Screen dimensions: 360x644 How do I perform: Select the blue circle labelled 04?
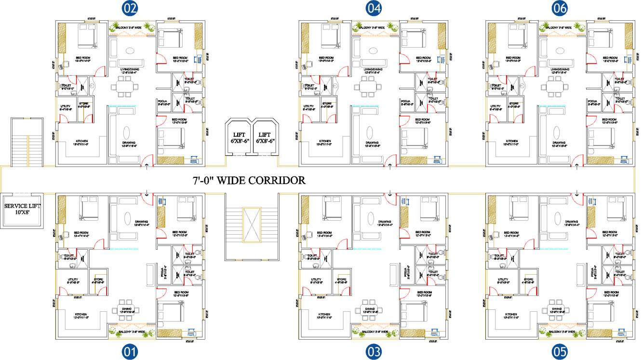tap(373, 8)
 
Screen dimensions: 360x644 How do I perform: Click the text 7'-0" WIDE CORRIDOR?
tap(248, 181)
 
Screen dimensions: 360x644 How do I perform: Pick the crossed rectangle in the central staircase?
tap(251, 225)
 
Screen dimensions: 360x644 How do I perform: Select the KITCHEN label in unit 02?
tap(81, 141)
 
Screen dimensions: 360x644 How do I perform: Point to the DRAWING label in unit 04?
tap(371, 143)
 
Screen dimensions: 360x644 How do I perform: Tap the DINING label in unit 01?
tap(127, 308)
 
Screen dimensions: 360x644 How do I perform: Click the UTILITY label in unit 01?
tap(73, 279)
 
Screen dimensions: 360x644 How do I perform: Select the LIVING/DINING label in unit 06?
tap(559, 69)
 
